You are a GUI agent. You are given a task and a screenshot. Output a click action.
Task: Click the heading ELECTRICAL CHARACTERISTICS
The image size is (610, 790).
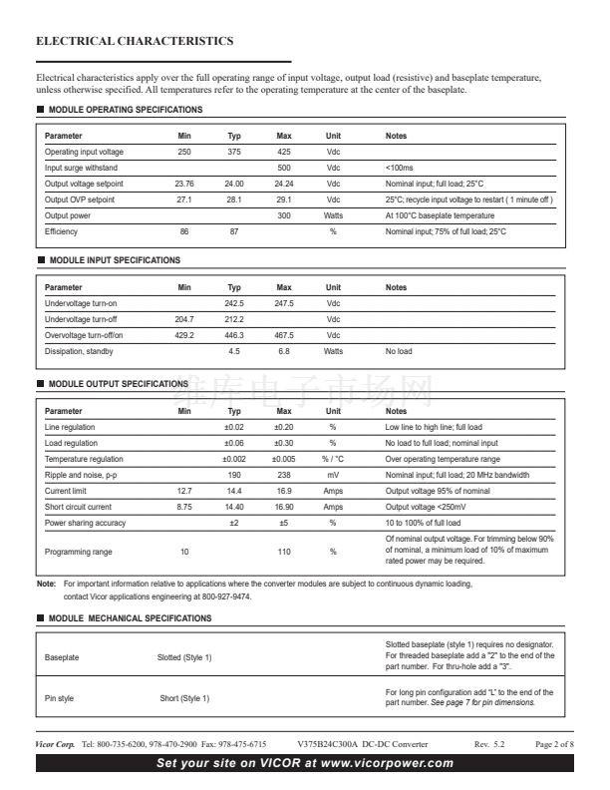[x=135, y=42]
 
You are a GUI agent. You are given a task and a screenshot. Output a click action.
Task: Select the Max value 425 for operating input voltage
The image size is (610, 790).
[x=284, y=152]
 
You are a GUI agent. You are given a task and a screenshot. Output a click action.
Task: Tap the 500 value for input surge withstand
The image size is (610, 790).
[x=284, y=168]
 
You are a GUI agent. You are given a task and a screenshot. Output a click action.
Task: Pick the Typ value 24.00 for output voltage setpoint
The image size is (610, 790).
[x=234, y=184]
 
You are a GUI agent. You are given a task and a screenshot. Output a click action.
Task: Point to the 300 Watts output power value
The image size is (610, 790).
[x=284, y=215]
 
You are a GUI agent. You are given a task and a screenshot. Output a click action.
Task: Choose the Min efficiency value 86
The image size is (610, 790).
[x=184, y=231]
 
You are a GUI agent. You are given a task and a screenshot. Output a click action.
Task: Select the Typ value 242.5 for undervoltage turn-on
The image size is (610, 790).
[x=234, y=303]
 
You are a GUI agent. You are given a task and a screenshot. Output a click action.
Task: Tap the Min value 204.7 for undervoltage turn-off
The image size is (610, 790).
[x=184, y=319]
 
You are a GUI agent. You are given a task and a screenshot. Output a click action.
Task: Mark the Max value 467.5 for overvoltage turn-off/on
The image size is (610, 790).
[x=284, y=335]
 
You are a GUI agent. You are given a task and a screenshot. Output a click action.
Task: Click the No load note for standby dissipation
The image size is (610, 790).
[x=399, y=351]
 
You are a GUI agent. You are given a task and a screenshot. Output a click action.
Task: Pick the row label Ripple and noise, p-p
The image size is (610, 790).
[x=84, y=475]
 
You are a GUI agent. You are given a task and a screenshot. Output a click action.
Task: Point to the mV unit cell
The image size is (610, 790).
[x=333, y=475]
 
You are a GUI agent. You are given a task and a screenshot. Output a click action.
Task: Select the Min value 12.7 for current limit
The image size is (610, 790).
[x=184, y=491]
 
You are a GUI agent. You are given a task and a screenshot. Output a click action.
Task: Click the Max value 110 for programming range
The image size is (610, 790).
[x=284, y=552]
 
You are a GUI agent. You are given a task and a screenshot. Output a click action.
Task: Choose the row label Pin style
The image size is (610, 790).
[x=62, y=697]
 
